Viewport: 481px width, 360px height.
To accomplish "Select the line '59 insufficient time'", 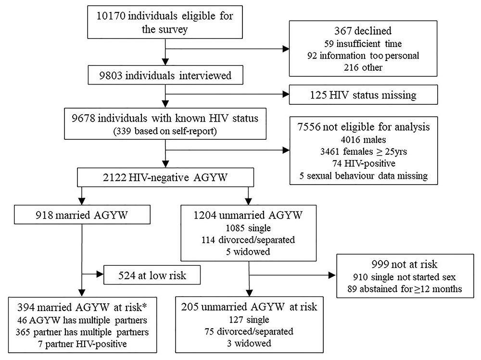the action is (x=363, y=44).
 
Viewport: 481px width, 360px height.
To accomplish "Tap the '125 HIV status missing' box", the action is (x=363, y=95).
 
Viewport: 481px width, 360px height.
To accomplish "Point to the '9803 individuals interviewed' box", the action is (x=165, y=75).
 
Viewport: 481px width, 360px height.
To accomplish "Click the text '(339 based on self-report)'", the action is (x=165, y=131).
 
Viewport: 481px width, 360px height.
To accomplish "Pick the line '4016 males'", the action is (x=363, y=140).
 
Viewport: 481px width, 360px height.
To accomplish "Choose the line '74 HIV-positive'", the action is (x=364, y=163).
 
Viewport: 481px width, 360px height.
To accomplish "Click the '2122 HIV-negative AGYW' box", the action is (x=165, y=177).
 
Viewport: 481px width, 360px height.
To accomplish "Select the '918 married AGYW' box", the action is (x=82, y=215).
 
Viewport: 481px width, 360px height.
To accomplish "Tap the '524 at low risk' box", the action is (x=152, y=275).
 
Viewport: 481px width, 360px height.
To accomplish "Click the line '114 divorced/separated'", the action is (x=248, y=240).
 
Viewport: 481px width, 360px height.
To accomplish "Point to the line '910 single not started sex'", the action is (x=405, y=277).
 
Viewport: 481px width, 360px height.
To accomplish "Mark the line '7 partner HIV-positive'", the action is (x=83, y=344).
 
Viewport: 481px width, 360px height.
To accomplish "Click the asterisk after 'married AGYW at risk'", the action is (x=144, y=306).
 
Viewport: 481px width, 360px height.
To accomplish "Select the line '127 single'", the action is (x=249, y=320).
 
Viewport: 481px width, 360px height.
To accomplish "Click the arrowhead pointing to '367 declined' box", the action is (x=286, y=49).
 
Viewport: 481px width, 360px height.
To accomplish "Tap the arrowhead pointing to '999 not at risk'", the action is (x=332, y=275).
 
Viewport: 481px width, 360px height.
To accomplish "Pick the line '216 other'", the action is (x=363, y=67).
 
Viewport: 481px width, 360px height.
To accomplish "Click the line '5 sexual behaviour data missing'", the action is (x=364, y=176).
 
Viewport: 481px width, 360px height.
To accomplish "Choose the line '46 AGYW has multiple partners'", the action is (x=82, y=321).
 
